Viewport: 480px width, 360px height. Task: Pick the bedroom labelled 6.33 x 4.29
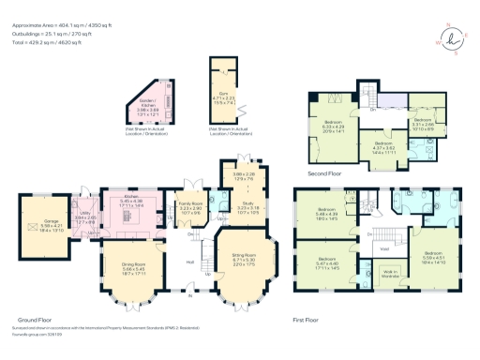click(x=334, y=126)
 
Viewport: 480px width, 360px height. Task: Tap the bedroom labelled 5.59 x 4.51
click(x=433, y=256)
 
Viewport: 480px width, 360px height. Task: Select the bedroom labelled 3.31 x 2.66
click(x=421, y=121)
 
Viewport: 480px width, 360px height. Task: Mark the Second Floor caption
click(x=327, y=173)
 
